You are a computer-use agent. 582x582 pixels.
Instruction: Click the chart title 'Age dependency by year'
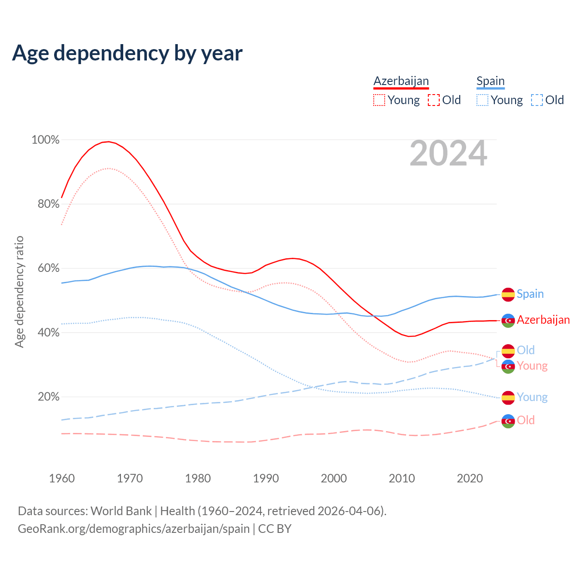pyautogui.click(x=127, y=53)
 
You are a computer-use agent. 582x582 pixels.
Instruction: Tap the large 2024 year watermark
pyautogui.click(x=448, y=153)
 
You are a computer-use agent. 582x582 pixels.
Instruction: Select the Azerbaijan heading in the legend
pyautogui.click(x=401, y=81)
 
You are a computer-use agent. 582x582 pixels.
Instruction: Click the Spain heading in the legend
pyautogui.click(x=490, y=81)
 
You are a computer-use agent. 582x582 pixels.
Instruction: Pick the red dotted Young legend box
pyautogui.click(x=379, y=100)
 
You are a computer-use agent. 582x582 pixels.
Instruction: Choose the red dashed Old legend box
pyautogui.click(x=434, y=100)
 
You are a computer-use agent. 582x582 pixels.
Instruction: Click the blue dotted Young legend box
pyautogui.click(x=482, y=100)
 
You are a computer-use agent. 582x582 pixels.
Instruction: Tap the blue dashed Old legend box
pyautogui.click(x=537, y=100)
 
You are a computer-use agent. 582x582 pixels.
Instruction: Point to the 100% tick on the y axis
pyautogui.click(x=45, y=140)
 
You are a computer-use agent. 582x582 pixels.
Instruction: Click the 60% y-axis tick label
pyautogui.click(x=48, y=268)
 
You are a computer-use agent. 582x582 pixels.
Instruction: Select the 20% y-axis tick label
pyautogui.click(x=48, y=397)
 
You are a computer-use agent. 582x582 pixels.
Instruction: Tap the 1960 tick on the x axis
pyautogui.click(x=62, y=478)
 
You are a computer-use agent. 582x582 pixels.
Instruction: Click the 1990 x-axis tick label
pyautogui.click(x=266, y=478)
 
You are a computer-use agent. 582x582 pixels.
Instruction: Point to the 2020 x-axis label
pyautogui.click(x=470, y=478)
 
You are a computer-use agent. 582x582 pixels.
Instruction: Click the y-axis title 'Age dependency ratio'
pyautogui.click(x=19, y=291)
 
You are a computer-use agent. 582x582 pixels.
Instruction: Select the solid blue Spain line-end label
pyautogui.click(x=530, y=294)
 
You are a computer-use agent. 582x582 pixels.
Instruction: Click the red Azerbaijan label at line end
pyautogui.click(x=543, y=320)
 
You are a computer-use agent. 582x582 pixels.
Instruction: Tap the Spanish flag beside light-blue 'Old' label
pyautogui.click(x=508, y=351)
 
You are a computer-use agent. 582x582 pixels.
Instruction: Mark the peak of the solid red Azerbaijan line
pyautogui.click(x=108, y=141)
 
